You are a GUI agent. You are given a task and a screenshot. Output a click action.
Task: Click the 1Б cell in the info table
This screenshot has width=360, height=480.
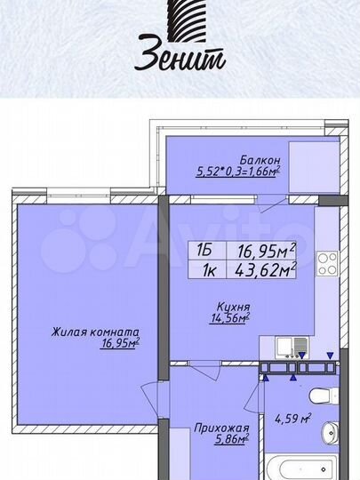coord(204,252)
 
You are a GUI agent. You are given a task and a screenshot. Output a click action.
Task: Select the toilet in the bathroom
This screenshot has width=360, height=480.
coord(323,396)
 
